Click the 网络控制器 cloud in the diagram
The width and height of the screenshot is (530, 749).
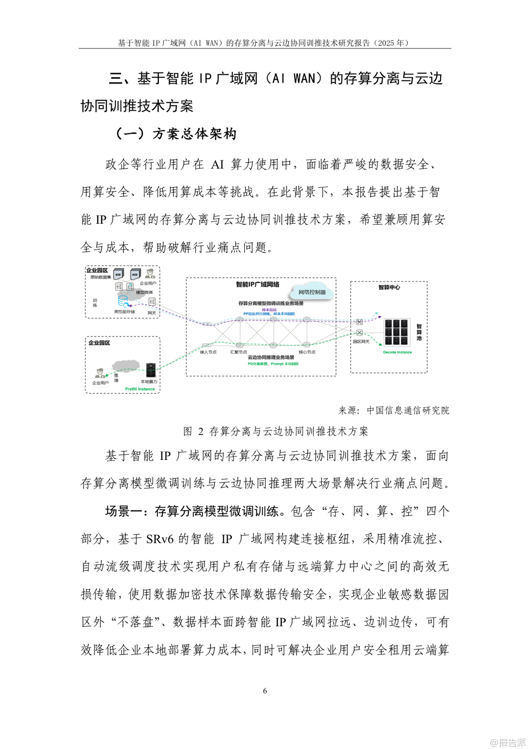tap(312, 292)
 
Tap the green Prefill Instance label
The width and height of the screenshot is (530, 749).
tap(140, 388)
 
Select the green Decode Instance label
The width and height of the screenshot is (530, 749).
tap(397, 352)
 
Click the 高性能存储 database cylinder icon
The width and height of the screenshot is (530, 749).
tap(122, 301)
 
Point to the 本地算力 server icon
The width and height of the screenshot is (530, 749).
tap(150, 371)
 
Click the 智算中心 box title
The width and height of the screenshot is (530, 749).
tap(389, 287)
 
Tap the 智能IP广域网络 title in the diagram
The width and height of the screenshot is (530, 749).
tap(257, 285)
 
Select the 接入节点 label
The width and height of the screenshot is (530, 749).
tap(208, 352)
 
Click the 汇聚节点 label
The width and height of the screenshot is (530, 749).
tap(238, 352)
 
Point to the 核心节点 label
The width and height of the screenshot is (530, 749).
tap(307, 352)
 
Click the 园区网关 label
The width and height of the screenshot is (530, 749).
tap(361, 342)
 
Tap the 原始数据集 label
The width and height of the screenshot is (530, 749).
tap(100, 277)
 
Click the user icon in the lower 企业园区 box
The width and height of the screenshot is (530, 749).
tap(99, 374)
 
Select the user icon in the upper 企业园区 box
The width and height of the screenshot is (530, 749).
tap(150, 274)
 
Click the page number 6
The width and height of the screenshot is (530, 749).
tap(265, 691)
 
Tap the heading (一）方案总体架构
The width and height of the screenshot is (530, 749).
tap(176, 134)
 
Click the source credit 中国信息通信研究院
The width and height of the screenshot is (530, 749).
tap(408, 410)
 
